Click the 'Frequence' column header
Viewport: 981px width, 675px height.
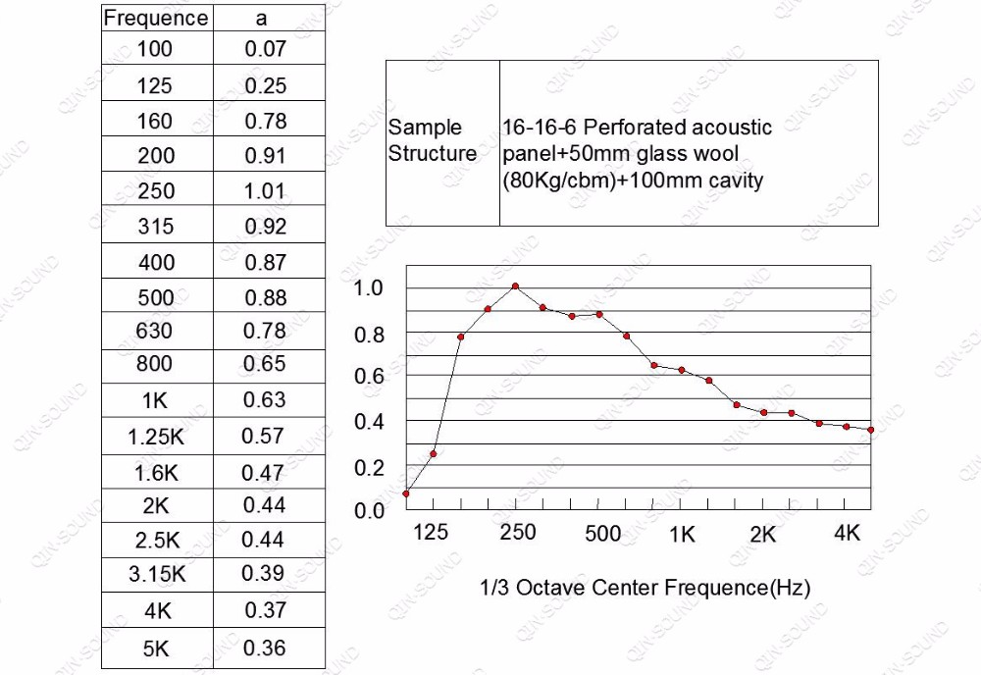click(156, 18)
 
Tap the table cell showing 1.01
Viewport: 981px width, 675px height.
click(265, 190)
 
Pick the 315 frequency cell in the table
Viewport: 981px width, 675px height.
click(155, 226)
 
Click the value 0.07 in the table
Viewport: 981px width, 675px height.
click(265, 48)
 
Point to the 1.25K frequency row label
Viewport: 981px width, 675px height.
click(155, 437)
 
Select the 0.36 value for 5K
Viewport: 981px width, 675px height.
click(265, 648)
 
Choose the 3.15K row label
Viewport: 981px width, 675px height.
click(157, 575)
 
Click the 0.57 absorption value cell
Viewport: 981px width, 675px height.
click(265, 436)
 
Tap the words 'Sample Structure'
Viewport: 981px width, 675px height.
click(432, 140)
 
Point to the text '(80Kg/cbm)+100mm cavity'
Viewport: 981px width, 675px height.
click(632, 181)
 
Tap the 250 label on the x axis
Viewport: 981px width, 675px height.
click(518, 533)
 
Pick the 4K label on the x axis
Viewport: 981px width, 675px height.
click(847, 533)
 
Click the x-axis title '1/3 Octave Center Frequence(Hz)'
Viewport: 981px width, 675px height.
click(645, 588)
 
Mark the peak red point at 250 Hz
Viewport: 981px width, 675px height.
click(515, 286)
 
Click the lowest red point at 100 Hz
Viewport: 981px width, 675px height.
click(406, 493)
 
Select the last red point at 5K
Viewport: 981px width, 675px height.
click(870, 430)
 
